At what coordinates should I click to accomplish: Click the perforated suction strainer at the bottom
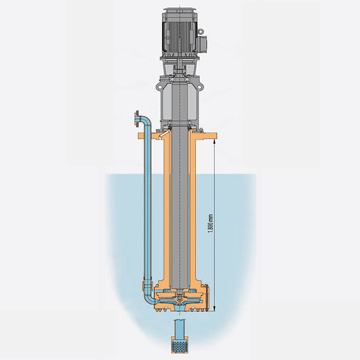pyautogui.click(x=180, y=345)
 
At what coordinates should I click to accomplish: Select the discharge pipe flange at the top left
pyautogui.click(x=136, y=119)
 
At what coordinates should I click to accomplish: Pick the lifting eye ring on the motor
pyautogui.click(x=201, y=31)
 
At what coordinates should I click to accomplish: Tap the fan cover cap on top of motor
pyautogui.click(x=180, y=11)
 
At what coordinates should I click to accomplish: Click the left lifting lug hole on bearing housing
pyautogui.click(x=159, y=87)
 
